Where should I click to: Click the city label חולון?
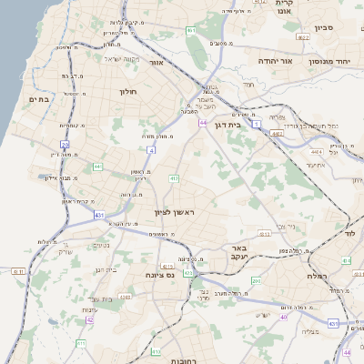pyautogui.click(x=126, y=91)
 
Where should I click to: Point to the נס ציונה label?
pyautogui.click(x=160, y=274)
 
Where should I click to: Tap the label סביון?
pyautogui.click(x=324, y=27)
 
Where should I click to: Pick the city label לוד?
pyautogui.click(x=349, y=235)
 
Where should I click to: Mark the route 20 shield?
pyautogui.click(x=65, y=144)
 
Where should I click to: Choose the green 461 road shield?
pyautogui.click(x=190, y=31)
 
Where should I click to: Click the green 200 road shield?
pyautogui.click(x=257, y=281)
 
